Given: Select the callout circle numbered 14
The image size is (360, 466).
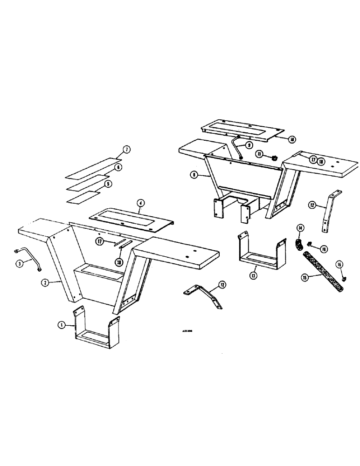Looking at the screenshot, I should point(301,227).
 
